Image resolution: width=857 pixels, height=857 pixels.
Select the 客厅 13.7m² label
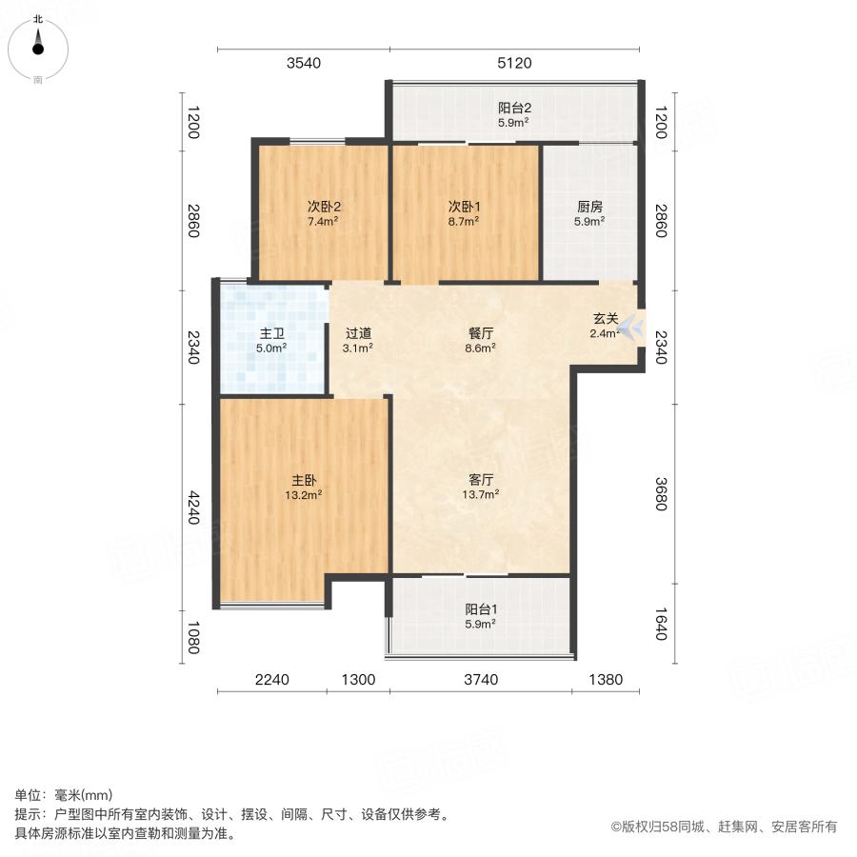point(480,487)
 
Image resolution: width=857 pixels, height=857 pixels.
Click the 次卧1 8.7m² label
point(464,213)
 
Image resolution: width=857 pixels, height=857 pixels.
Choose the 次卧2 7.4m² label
point(324,213)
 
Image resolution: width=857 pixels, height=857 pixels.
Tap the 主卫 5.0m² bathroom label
point(271,341)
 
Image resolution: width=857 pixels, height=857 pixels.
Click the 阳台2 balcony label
point(513,115)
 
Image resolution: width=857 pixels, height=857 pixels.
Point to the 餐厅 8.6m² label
point(480,341)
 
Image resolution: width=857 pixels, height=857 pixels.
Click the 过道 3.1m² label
point(358,341)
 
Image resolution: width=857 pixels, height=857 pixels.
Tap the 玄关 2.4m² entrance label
point(606,326)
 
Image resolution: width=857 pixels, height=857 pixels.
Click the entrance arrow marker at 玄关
point(632,329)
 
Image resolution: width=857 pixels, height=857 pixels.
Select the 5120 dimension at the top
point(513,64)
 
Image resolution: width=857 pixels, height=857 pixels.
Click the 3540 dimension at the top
point(304,64)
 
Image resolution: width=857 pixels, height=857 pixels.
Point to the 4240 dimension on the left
point(193,506)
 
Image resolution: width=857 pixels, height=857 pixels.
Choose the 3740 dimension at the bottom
point(481,680)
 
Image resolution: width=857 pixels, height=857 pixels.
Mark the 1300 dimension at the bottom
point(358,680)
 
